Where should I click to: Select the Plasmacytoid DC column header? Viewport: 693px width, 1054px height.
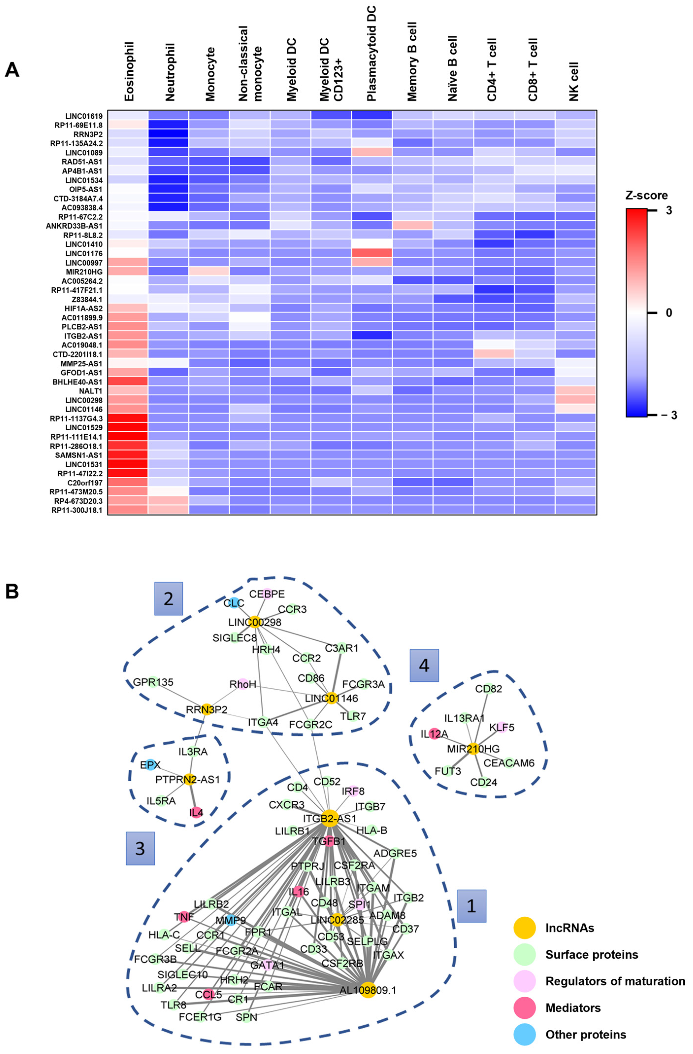pyautogui.click(x=371, y=53)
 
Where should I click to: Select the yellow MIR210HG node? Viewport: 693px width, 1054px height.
pyautogui.click(x=474, y=748)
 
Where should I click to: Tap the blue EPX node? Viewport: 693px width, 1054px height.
pyautogui.click(x=150, y=765)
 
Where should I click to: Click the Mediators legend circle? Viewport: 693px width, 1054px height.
pyautogui.click(x=524, y=1008)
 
